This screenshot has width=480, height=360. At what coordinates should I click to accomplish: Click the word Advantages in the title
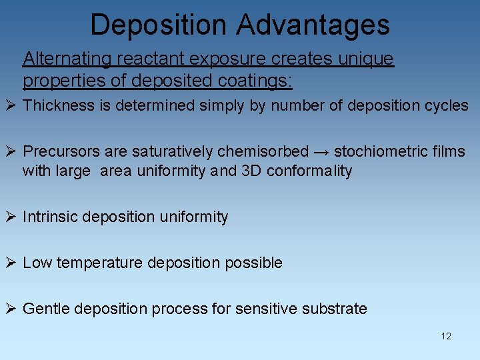tap(313, 25)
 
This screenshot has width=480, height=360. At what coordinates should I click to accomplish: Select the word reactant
tap(145, 59)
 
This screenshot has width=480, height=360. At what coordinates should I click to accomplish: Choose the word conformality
tap(309, 171)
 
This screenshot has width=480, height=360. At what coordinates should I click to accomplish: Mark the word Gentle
tap(46, 309)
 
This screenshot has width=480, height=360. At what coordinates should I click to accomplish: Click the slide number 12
tap(446, 336)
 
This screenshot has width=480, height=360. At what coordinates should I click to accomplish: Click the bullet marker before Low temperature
tap(11, 263)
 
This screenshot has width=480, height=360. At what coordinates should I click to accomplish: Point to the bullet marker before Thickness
tap(11, 106)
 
